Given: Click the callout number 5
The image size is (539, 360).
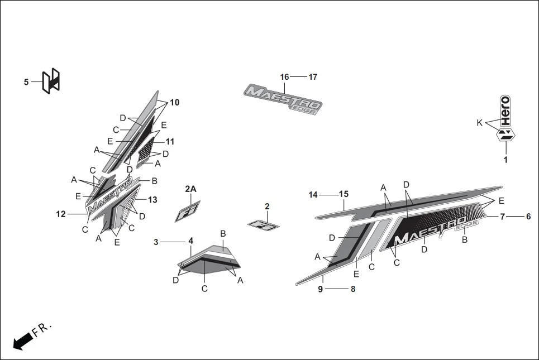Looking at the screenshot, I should [x=26, y=82].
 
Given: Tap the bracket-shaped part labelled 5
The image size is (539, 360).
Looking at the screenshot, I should [x=51, y=81].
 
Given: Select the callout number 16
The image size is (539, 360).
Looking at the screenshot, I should [x=284, y=77].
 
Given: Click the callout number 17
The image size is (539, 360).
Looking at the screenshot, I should [x=313, y=77].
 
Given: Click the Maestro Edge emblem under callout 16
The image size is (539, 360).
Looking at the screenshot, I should [x=283, y=99].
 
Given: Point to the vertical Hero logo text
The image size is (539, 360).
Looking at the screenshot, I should [x=505, y=111].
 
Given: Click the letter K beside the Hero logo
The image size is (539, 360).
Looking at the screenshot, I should [x=479, y=123].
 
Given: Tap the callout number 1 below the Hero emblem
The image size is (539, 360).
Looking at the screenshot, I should [x=505, y=160].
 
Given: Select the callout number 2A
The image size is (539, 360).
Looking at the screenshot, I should [x=190, y=189].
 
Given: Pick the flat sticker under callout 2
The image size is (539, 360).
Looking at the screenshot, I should [x=263, y=225].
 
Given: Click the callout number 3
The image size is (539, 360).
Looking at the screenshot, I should [x=156, y=242].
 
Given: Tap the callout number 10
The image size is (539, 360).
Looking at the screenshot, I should [x=175, y=103].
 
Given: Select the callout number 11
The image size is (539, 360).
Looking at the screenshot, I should [x=170, y=142].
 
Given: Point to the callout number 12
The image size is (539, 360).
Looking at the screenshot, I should [x=61, y=214].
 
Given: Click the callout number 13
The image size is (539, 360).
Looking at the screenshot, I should [x=152, y=200].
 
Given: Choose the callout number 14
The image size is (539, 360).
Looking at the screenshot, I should [x=313, y=195].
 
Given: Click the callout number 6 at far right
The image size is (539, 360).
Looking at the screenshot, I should [x=528, y=217].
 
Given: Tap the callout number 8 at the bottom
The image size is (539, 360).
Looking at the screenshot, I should [x=352, y=289].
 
